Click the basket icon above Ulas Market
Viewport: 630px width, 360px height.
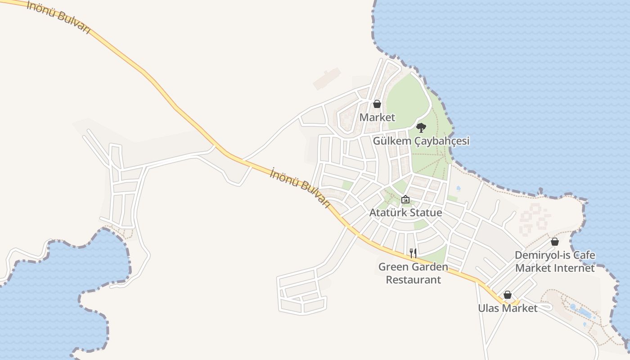508,295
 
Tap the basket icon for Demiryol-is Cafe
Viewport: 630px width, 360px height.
555,242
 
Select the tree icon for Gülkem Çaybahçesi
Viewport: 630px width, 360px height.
421,127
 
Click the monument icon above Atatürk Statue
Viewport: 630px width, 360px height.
405,199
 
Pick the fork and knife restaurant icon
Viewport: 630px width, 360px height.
413,253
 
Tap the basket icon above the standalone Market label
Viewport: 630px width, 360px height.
377,104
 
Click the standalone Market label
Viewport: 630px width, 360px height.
377,117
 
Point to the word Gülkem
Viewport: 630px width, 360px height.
392,141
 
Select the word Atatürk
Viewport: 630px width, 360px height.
387,212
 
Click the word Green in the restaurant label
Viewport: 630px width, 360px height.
391,267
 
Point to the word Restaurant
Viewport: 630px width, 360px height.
413,279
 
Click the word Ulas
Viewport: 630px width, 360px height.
488,308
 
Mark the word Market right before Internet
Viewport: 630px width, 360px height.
532,268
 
